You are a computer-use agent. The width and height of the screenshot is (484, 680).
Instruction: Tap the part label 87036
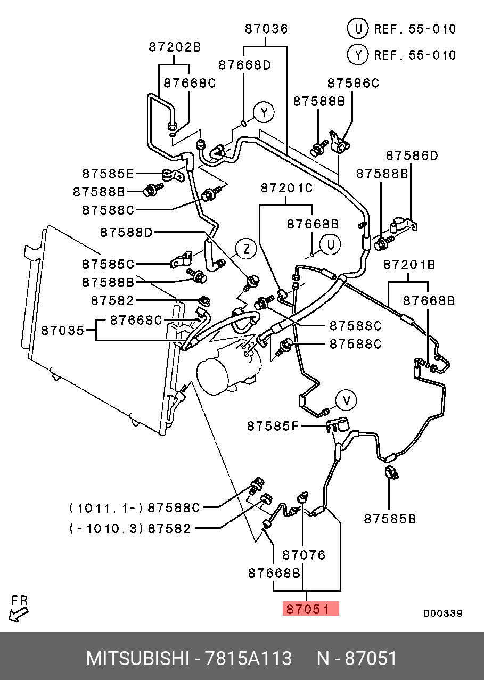266,29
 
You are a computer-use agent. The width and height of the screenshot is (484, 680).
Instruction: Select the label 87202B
175,47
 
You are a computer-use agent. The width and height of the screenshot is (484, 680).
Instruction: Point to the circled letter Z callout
245,249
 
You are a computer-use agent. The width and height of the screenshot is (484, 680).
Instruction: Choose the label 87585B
390,518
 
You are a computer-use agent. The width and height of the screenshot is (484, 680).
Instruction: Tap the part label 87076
303,555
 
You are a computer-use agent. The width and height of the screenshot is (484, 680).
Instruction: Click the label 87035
63,331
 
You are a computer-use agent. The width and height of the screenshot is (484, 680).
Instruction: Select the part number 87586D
412,155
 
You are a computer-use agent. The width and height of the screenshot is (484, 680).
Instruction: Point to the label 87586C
353,83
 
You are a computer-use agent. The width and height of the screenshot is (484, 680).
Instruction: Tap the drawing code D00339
443,613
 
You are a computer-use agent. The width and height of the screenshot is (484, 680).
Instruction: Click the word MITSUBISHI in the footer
137,659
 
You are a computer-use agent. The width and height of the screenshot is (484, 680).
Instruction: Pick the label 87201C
286,188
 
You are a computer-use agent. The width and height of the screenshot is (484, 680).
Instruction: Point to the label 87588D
126,232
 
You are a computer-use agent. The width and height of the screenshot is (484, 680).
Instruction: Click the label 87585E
108,174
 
